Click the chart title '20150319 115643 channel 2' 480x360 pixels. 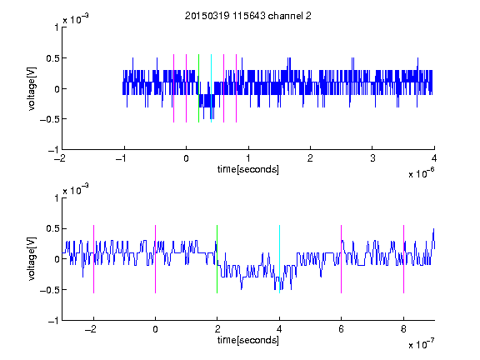tap(248, 16)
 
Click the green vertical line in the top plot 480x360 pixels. tap(198, 88)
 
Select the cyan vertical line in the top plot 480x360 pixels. tap(211, 88)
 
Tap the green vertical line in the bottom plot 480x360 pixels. tap(217, 259)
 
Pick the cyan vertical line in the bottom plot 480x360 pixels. tap(279, 259)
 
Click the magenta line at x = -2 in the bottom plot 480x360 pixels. tap(93, 259)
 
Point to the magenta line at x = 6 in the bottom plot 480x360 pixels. tap(342, 259)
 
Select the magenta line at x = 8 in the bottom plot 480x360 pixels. tap(404, 259)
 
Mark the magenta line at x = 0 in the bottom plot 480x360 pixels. tap(156, 259)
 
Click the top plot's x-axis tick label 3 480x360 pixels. tap(372, 158)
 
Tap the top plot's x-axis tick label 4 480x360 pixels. tap(434, 158)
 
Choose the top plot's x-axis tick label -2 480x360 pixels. tap(59, 158)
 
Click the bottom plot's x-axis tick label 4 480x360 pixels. tap(279, 329)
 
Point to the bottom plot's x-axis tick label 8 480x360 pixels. tap(403, 329)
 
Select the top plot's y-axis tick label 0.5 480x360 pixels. tap(52, 58)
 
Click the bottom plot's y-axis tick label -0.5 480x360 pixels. tap(49, 290)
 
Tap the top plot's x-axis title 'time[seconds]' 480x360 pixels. tap(248, 169)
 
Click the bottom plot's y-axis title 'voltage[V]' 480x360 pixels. tap(32, 259)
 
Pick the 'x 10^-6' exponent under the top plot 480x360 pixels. tap(421, 172)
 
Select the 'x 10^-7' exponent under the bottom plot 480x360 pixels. tap(421, 343)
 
